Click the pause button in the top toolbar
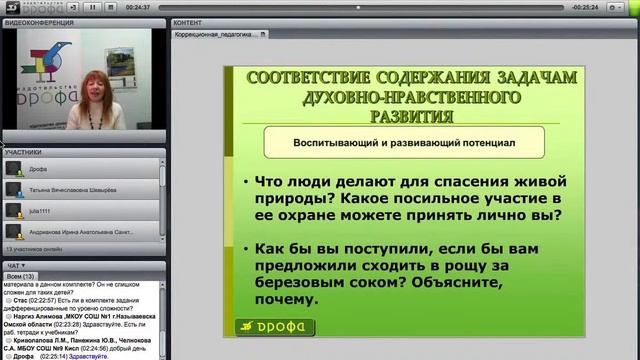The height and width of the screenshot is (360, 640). [x=92, y=6]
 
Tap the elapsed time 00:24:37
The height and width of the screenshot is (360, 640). [x=137, y=6]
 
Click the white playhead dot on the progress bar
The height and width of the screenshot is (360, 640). [x=357, y=6]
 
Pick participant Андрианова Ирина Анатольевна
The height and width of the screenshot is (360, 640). [x=79, y=231]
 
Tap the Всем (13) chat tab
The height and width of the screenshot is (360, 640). [x=20, y=275]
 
